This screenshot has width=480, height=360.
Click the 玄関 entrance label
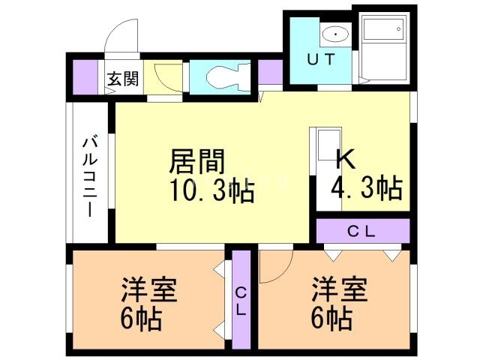point(121,78)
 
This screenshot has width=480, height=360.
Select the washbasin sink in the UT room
point(334,34)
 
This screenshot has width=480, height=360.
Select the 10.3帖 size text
point(211,191)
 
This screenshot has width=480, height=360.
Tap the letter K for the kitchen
point(345,159)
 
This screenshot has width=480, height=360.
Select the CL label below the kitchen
point(362,231)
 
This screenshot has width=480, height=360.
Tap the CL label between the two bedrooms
point(241,300)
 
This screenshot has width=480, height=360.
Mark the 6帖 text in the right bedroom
point(331,320)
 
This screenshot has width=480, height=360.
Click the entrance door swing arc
point(120,34)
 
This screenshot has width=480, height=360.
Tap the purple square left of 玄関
point(87,76)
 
